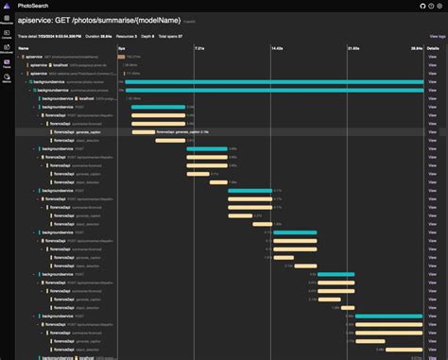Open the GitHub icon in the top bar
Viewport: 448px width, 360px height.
pos(411,5)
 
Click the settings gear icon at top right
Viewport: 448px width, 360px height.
pos(439,5)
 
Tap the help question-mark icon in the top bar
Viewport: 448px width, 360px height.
pos(425,5)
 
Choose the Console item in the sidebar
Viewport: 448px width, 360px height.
pos(7,33)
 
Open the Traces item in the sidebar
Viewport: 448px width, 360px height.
pos(7,64)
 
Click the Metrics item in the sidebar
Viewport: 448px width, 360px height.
pos(7,80)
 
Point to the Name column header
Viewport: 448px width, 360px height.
pos(24,46)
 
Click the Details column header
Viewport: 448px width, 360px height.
pos(433,46)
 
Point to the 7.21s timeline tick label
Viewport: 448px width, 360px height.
pos(199,46)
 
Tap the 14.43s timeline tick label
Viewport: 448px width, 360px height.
pos(277,46)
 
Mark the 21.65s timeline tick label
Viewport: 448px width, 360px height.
pos(353,46)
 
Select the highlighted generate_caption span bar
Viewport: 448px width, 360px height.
pos(143,132)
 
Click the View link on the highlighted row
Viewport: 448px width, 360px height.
pos(433,132)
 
